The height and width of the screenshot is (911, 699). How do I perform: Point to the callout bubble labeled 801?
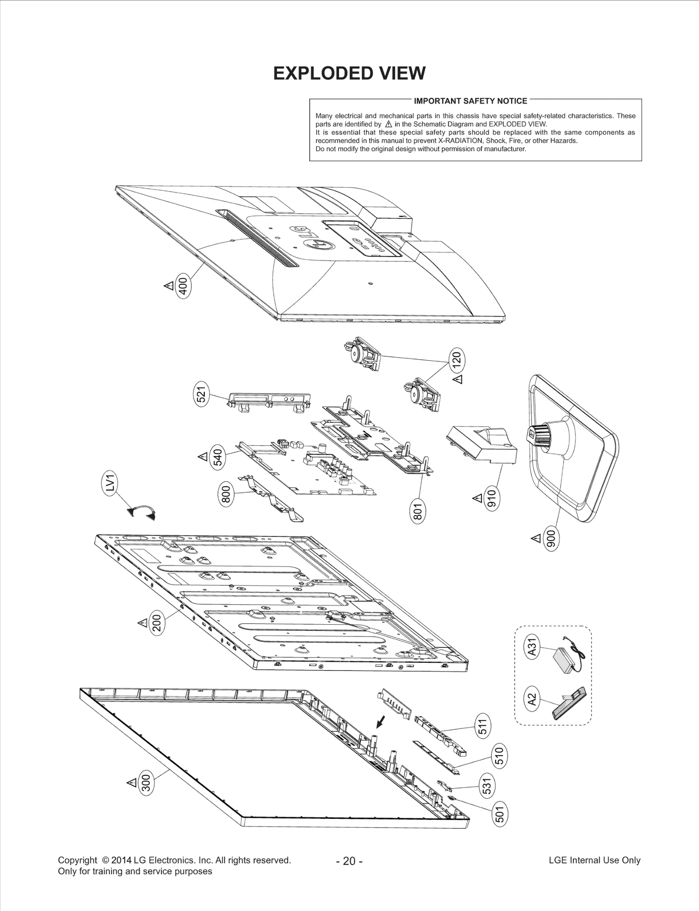(x=418, y=511)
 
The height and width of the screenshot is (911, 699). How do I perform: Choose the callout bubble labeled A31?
(x=532, y=647)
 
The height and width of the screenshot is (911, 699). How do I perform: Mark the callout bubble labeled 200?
(x=157, y=623)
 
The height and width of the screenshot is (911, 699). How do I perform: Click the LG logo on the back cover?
(x=314, y=239)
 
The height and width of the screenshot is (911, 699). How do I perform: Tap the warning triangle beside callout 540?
(x=203, y=457)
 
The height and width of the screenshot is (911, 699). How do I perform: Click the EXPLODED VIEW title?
(x=349, y=73)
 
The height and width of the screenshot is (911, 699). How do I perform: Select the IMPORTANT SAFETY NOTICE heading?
(x=470, y=101)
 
